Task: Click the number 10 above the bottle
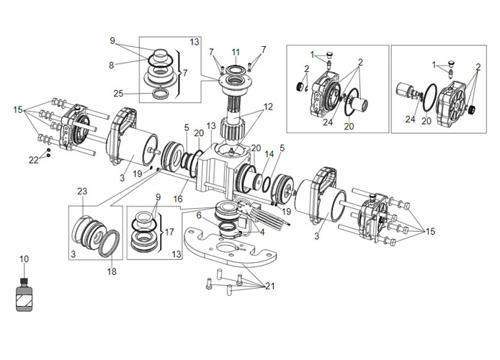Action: point(24,258)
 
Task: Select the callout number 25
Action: point(118,93)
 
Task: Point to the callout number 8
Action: point(112,65)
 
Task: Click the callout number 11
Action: point(236,51)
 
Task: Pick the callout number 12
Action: point(268,107)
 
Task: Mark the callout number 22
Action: point(33,160)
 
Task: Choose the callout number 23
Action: point(82,191)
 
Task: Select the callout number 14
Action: point(269,155)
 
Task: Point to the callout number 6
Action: point(198,215)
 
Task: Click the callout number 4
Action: point(262,232)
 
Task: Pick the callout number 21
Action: point(270,286)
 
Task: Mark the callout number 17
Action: point(169,233)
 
